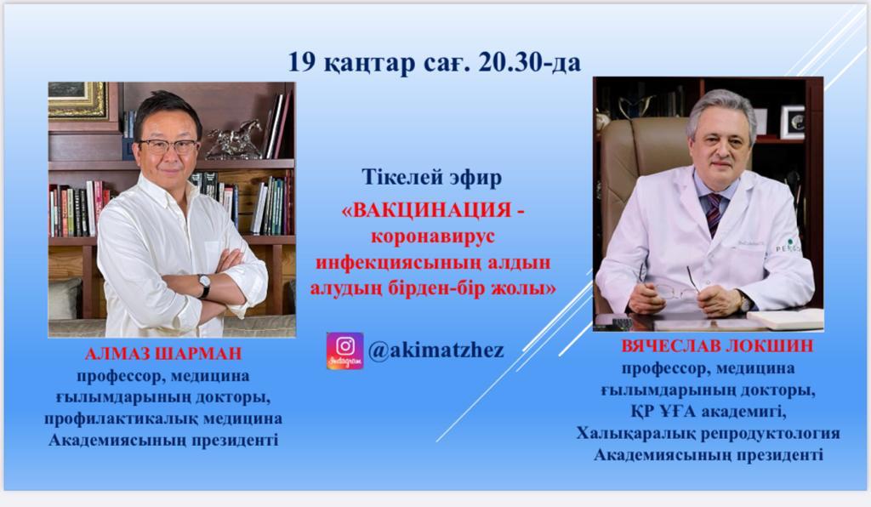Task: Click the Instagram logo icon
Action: pos(345,350)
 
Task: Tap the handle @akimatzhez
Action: pos(436,350)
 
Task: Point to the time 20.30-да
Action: pos(528,62)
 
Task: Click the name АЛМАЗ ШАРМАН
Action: pos(163,353)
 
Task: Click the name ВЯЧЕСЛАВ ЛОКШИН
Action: pos(717,346)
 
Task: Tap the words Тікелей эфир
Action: pos(431,177)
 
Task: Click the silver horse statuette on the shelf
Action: pos(233,139)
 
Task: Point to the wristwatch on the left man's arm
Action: pos(204,286)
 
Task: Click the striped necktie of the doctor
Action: pos(714,214)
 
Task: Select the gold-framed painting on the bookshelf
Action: pos(77,100)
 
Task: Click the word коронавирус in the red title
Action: pos(433,236)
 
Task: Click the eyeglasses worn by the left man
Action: pos(168,146)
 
